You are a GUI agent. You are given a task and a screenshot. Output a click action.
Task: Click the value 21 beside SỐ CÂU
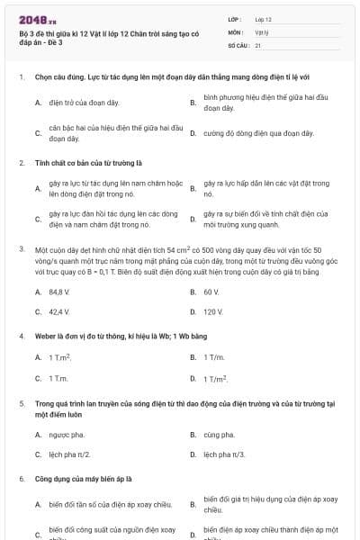pyautogui.click(x=258, y=44)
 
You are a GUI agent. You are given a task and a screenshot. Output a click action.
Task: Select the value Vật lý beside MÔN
pyautogui.click(x=262, y=31)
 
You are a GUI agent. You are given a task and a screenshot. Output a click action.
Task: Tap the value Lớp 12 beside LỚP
pyautogui.click(x=263, y=18)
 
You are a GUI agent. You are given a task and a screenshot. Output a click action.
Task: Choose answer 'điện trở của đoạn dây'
pyautogui.click(x=72, y=103)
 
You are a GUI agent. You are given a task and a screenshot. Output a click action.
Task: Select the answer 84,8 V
pyautogui.click(x=59, y=292)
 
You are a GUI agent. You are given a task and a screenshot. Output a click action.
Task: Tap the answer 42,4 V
pyautogui.click(x=59, y=311)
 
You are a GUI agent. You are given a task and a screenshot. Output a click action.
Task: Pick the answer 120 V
pyautogui.click(x=213, y=311)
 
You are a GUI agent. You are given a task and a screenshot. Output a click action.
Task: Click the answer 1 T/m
pyautogui.click(x=213, y=357)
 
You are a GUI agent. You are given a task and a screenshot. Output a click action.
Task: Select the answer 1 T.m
pyautogui.click(x=58, y=378)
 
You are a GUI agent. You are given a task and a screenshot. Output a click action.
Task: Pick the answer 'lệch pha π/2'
pyautogui.click(x=70, y=454)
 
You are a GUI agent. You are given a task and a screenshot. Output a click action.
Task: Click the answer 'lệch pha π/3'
pyautogui.click(x=224, y=454)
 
